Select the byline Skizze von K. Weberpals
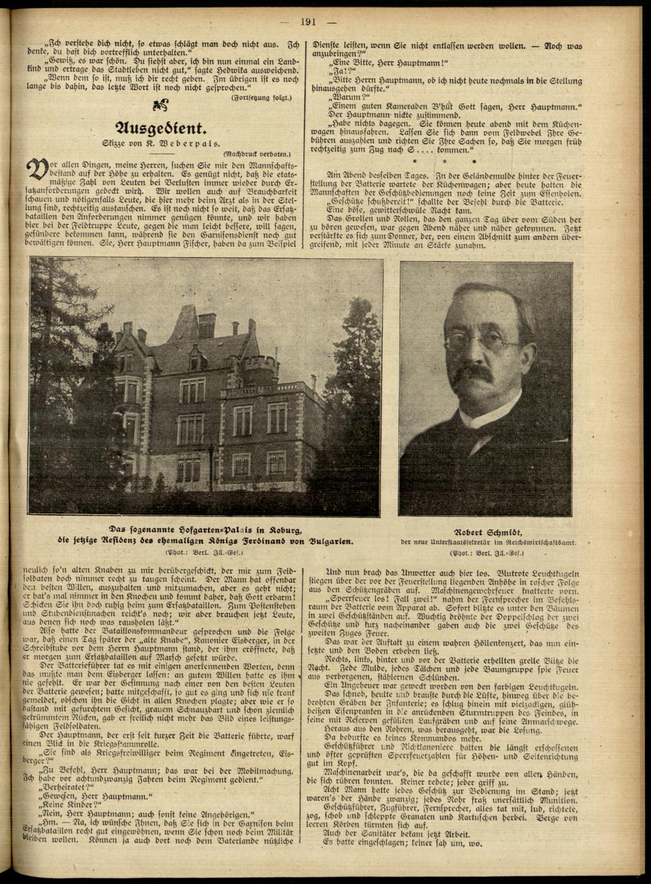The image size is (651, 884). coord(159,142)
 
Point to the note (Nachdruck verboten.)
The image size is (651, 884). coord(260,154)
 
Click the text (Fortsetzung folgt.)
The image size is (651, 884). coord(262,97)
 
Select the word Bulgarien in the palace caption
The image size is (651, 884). coord(329,541)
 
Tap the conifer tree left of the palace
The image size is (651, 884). coord(62,365)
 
